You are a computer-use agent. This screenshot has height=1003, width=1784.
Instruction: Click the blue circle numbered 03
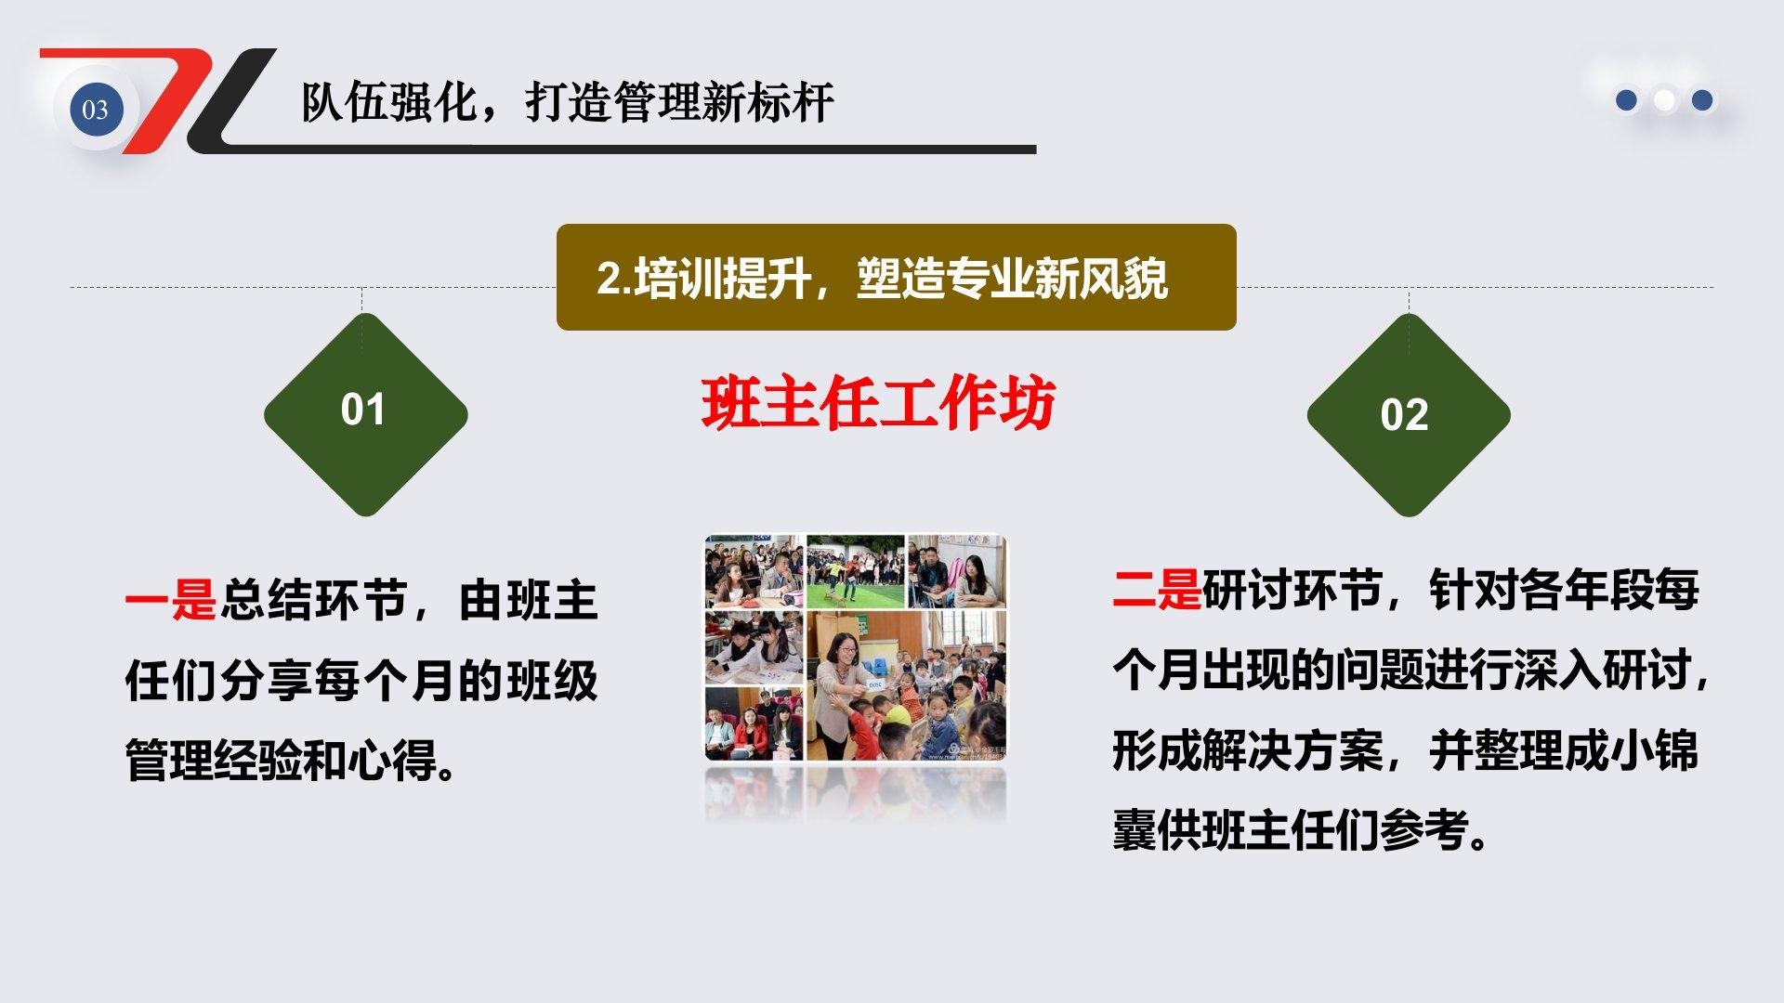(96, 109)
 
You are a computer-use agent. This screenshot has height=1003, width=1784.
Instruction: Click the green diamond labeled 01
(365, 414)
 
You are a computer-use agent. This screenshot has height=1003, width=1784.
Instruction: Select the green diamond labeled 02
(1409, 414)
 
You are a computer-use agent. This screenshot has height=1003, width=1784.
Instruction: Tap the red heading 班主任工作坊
(878, 404)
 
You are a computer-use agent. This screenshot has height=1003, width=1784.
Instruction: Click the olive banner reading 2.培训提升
(896, 277)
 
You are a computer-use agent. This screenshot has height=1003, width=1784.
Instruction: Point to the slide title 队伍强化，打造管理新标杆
(568, 101)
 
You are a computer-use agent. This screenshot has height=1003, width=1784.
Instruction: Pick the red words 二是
(1157, 589)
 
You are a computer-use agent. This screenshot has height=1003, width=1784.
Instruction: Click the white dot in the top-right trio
(1665, 99)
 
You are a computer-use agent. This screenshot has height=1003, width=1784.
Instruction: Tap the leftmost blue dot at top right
(1626, 99)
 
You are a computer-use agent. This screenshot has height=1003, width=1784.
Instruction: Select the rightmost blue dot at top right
(1702, 99)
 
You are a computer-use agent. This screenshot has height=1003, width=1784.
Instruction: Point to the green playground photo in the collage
(855, 571)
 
